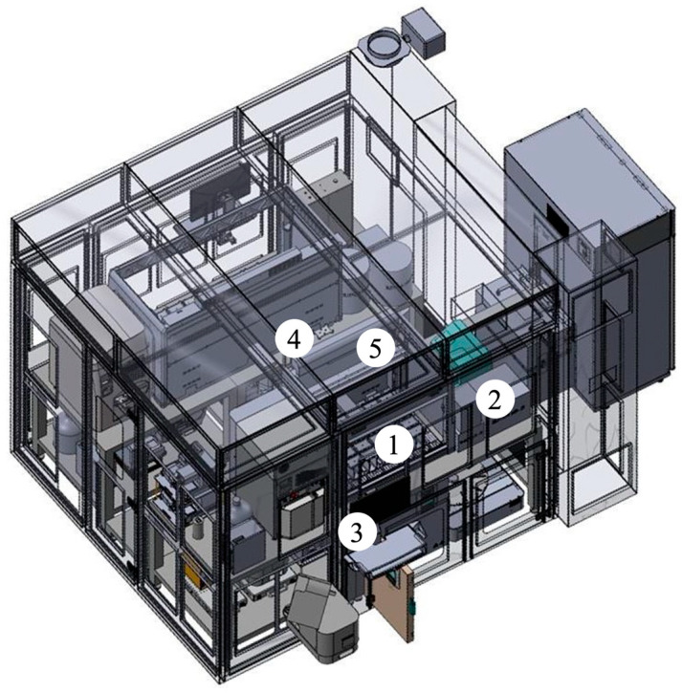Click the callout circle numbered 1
tap(394, 444)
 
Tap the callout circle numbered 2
tap(495, 400)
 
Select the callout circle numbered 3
tap(358, 532)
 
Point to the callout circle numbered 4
tap(294, 340)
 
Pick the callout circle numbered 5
tap(375, 349)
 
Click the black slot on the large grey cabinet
tap(558, 219)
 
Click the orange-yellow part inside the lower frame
tap(194, 574)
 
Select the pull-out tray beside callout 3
tap(384, 547)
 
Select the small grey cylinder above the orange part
tap(197, 531)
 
